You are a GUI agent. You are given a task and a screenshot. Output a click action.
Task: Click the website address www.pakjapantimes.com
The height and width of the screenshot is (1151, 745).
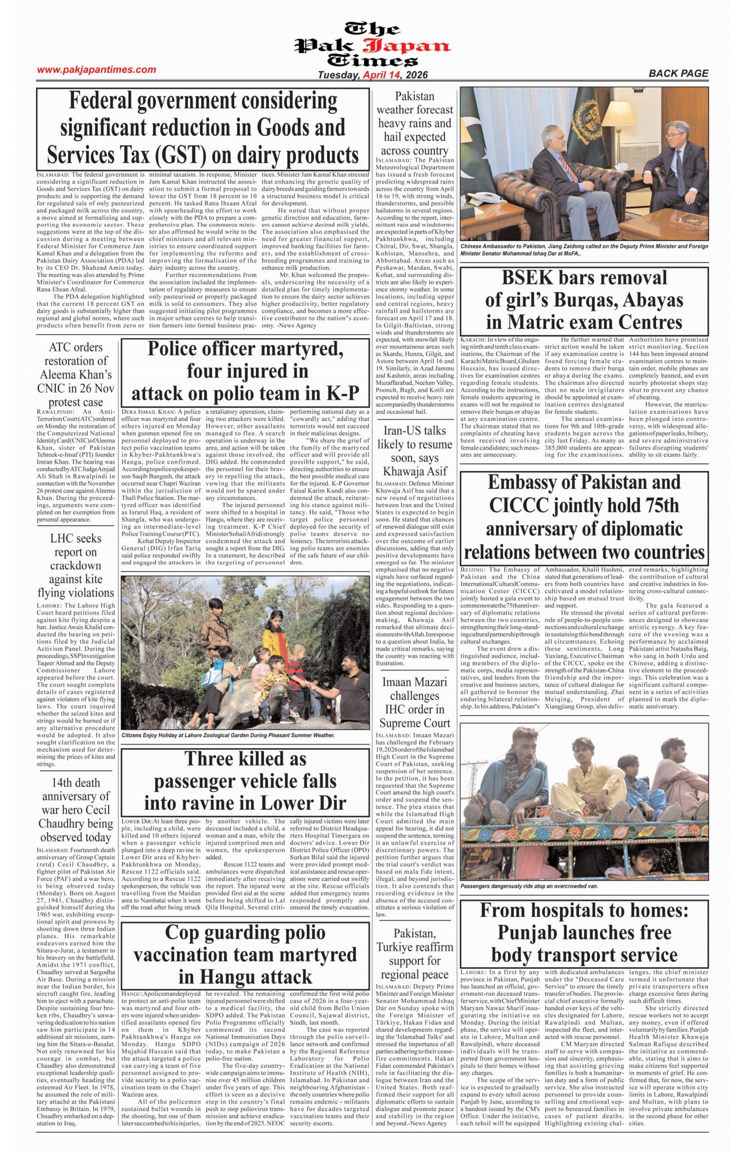click(97, 70)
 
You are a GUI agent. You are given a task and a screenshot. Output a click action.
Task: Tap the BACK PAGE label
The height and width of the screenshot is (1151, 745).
click(678, 73)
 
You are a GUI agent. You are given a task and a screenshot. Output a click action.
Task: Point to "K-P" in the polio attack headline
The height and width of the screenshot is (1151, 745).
click(340, 393)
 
